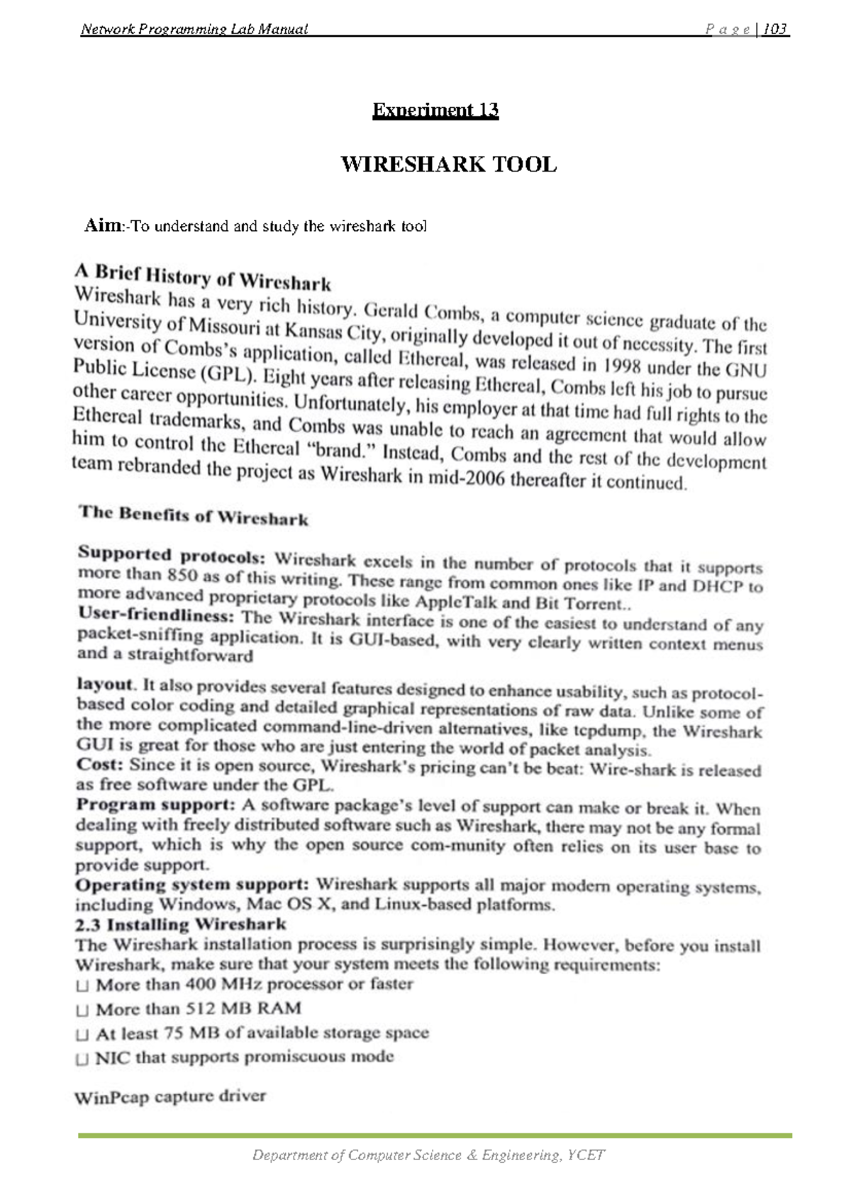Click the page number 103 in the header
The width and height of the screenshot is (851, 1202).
776,29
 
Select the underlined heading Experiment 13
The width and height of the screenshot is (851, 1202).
435,110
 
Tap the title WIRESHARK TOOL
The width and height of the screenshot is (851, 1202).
448,164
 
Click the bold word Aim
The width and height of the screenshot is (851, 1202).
103,225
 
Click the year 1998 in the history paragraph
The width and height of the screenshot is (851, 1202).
623,366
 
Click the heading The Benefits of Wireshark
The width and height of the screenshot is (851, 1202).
194,515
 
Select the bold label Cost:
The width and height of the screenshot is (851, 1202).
99,764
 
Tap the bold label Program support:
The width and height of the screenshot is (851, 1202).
155,804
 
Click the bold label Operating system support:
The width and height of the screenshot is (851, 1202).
192,884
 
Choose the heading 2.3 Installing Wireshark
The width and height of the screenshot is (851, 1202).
181,924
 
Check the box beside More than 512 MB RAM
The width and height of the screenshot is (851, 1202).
82,1010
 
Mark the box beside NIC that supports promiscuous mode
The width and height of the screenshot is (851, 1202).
82,1060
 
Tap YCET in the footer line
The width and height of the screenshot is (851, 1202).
587,1155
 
